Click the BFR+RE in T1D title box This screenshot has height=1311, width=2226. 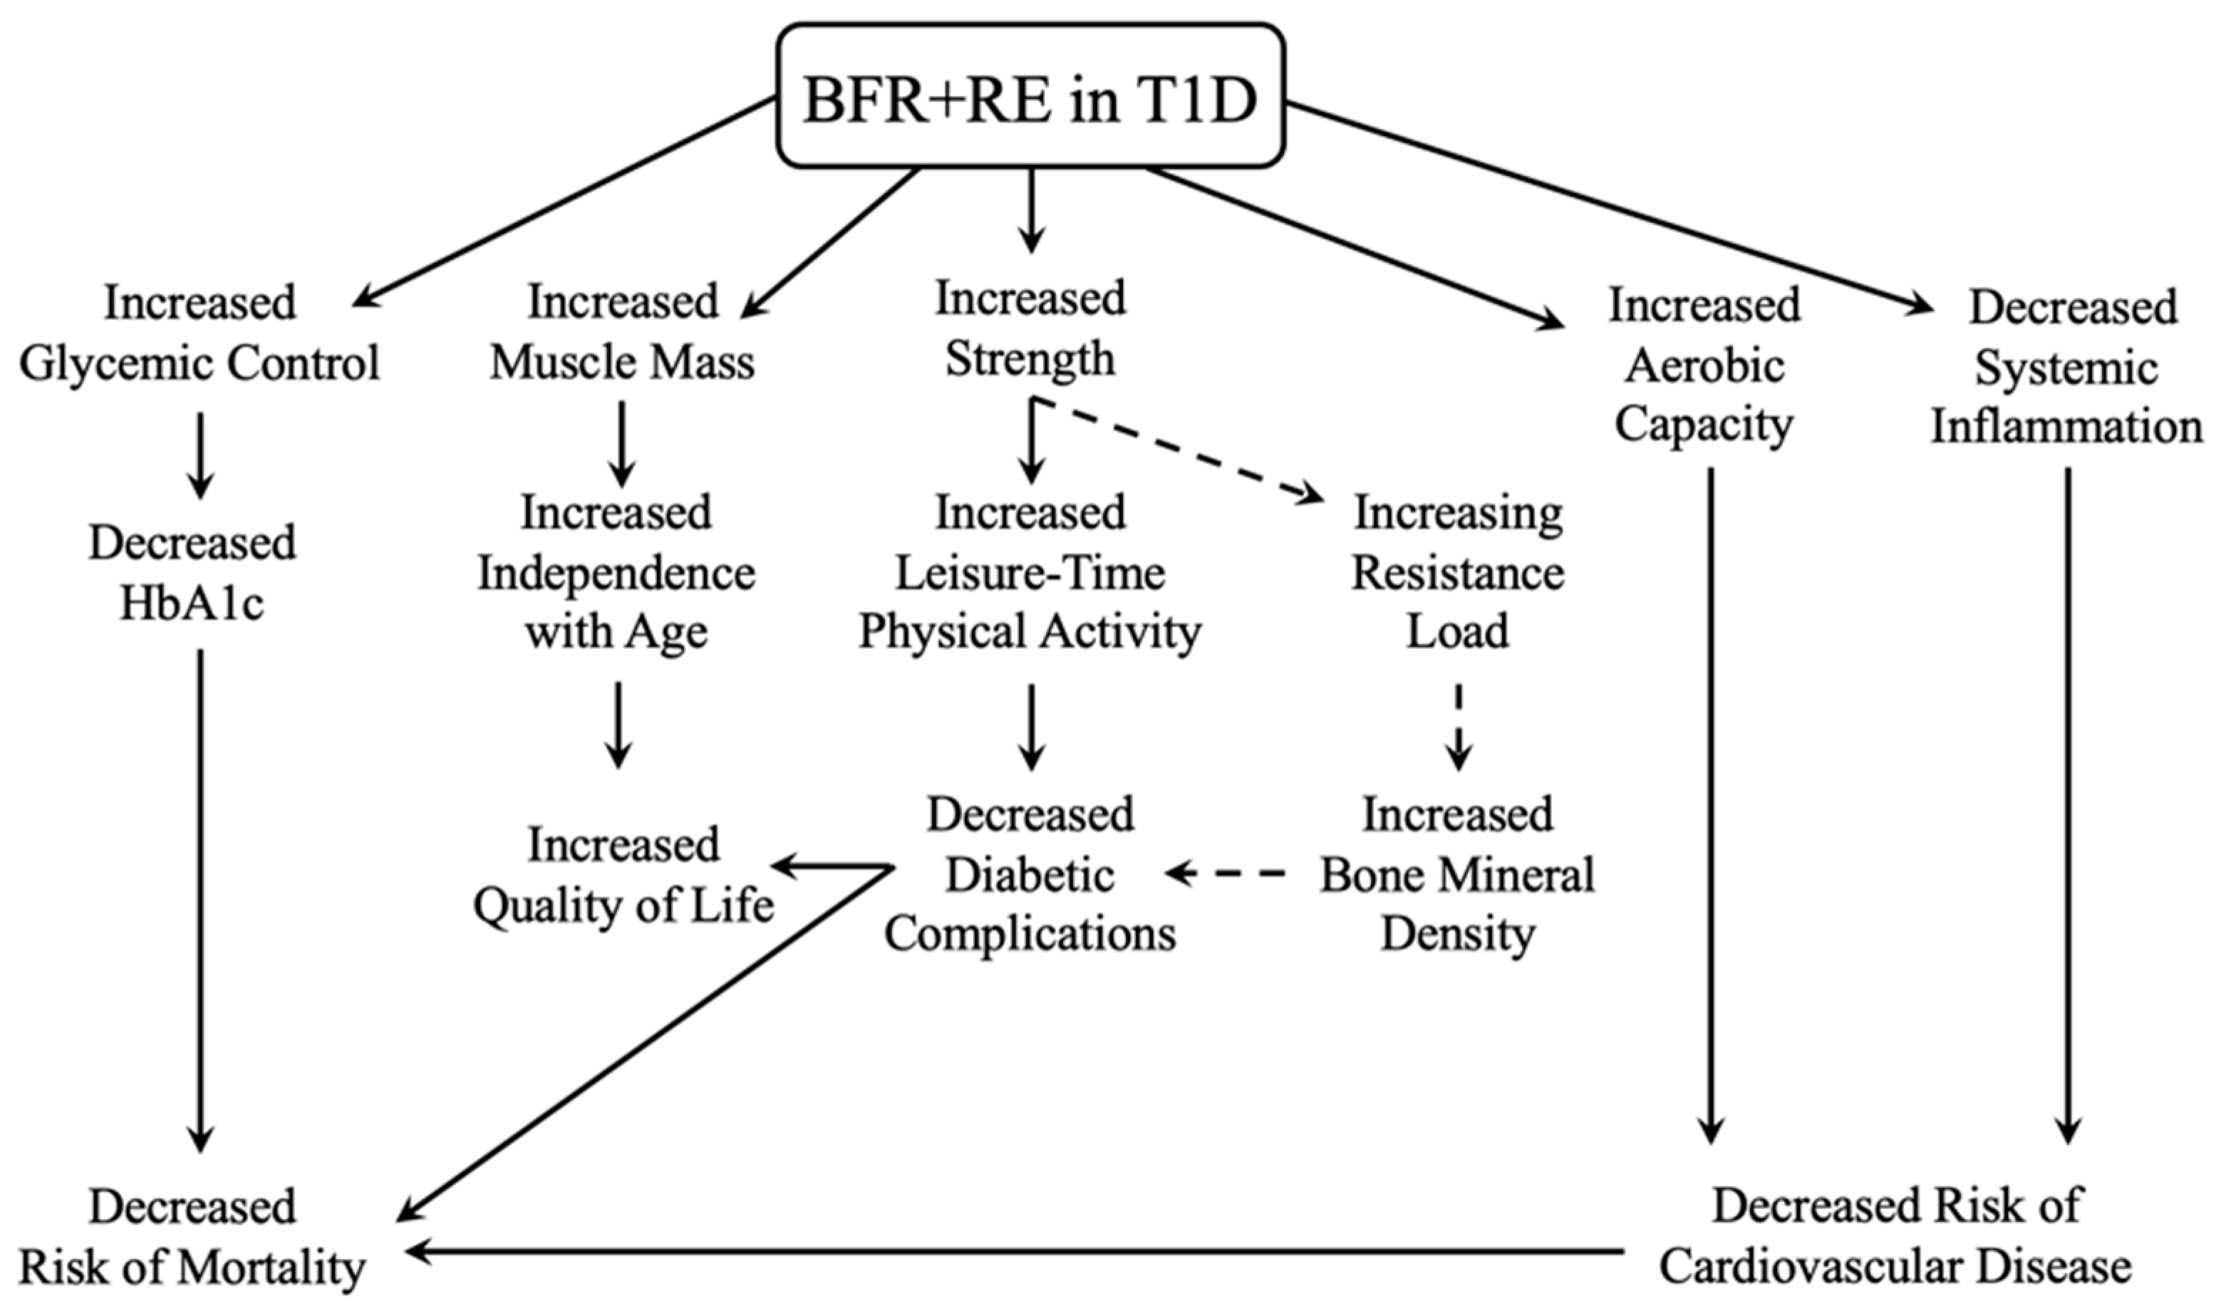(x=1030, y=95)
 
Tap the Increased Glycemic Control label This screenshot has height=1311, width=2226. (x=200, y=333)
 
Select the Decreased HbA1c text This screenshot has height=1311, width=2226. (x=192, y=572)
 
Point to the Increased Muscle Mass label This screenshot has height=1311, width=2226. (x=623, y=331)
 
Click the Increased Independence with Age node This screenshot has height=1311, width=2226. (x=616, y=572)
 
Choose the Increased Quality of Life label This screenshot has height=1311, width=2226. (x=623, y=874)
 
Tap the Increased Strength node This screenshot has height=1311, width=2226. (x=1030, y=328)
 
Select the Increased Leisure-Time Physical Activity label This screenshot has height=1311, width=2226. (x=1030, y=572)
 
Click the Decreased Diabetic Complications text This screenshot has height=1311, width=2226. (x=1030, y=874)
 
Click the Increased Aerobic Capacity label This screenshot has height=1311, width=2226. (x=1704, y=365)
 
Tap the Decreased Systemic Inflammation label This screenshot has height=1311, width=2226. (x=2067, y=368)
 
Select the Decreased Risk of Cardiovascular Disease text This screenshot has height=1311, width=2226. (x=1895, y=1237)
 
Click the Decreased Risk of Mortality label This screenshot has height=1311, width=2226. (x=192, y=1237)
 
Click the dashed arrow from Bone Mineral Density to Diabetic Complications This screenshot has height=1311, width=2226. (x=1228, y=874)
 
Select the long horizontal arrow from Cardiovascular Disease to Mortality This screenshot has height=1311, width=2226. (x=1016, y=1251)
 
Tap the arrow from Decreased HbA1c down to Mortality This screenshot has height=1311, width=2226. (x=200, y=901)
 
